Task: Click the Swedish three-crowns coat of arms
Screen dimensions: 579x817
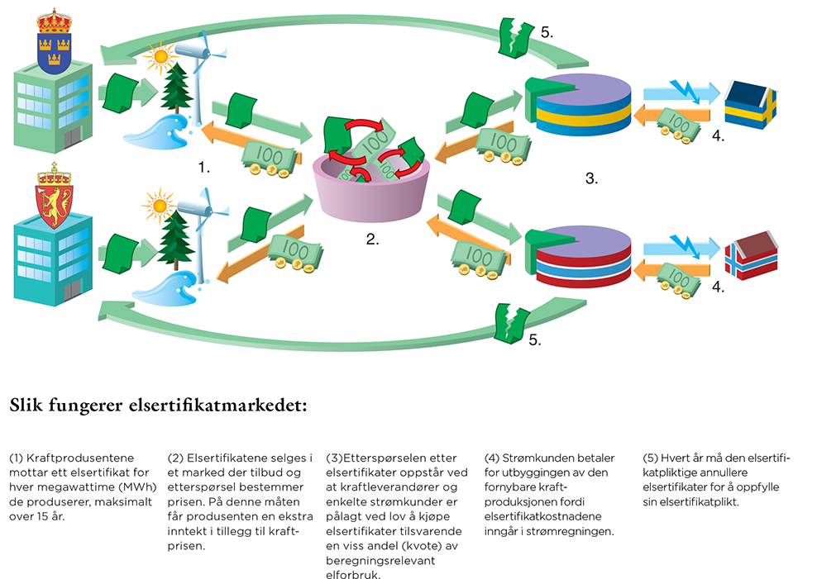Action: coord(53,41)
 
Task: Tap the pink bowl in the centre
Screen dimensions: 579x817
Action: coord(372,195)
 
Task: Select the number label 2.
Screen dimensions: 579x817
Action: coord(373,240)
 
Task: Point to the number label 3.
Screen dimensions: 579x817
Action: coord(591,178)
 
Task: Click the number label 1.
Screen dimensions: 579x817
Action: coord(203,167)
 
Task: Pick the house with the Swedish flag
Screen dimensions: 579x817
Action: coord(751,103)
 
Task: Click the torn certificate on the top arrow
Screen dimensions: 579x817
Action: coord(516,38)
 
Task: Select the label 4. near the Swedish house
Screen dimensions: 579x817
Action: coord(718,137)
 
